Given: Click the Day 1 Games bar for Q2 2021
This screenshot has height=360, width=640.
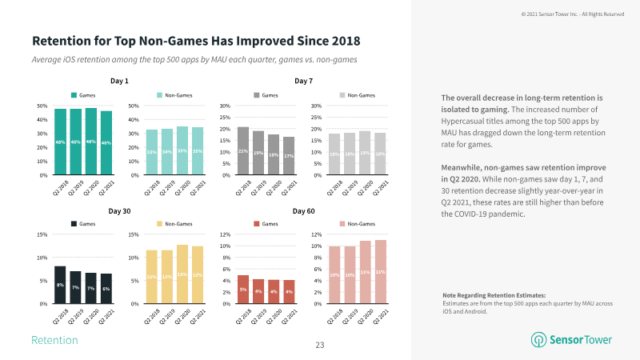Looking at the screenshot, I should [106, 143].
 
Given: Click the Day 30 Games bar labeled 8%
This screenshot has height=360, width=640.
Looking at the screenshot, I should [60, 285].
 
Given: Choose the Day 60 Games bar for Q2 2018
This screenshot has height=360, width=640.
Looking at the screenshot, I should [243, 290].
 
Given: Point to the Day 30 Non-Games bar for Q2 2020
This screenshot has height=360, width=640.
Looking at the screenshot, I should [182, 274].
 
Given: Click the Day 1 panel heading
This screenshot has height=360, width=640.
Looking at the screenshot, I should [119, 81].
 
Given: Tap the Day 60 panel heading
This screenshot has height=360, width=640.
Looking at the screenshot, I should [303, 210].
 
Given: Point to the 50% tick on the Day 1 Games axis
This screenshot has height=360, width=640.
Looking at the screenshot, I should [41, 106].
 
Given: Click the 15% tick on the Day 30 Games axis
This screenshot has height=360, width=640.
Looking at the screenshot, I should [41, 234].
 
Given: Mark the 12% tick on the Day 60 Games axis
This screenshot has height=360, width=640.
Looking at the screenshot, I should [226, 234].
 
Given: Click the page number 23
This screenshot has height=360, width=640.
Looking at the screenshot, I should [319, 346].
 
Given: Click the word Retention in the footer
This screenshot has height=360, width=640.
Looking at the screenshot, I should [54, 341].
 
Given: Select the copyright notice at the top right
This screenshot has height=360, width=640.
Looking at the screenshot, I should [572, 14].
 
